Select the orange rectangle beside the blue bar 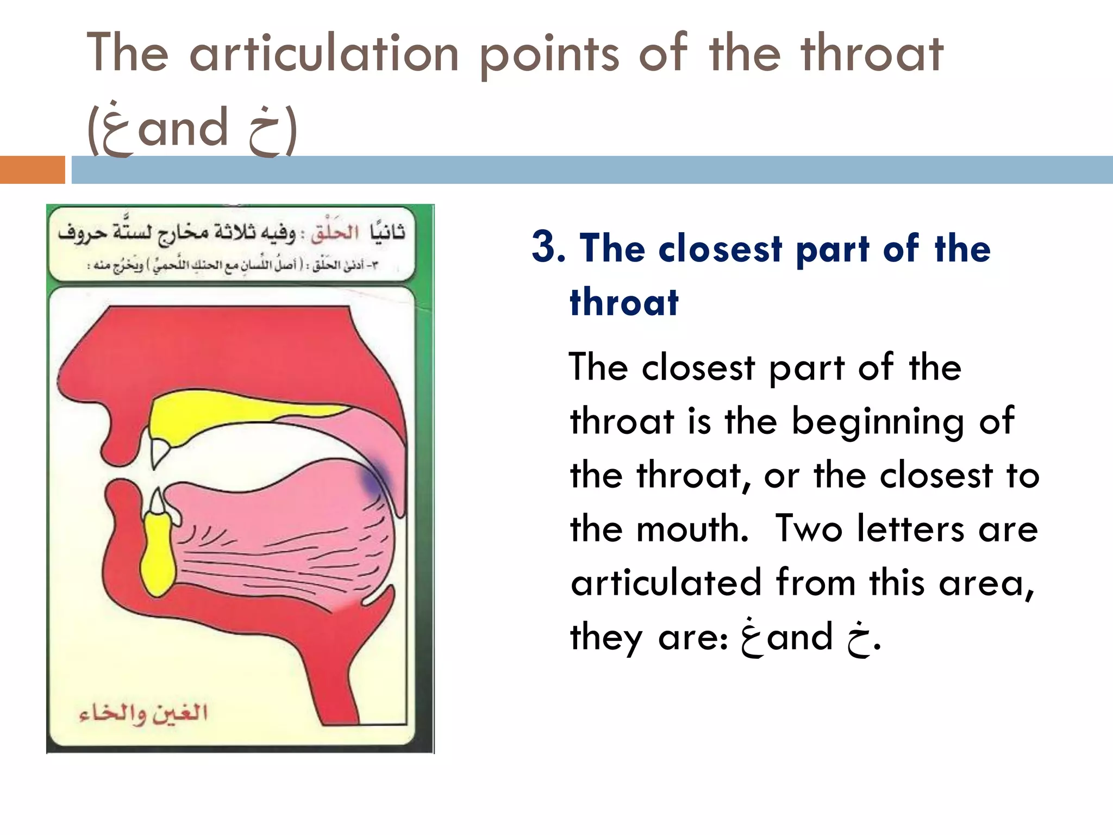tap(32, 170)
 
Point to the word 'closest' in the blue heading tap(720, 248)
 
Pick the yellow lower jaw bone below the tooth tap(158, 560)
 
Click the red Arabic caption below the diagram tap(143, 713)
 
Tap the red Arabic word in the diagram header tap(335, 233)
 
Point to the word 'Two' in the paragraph tap(809, 528)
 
